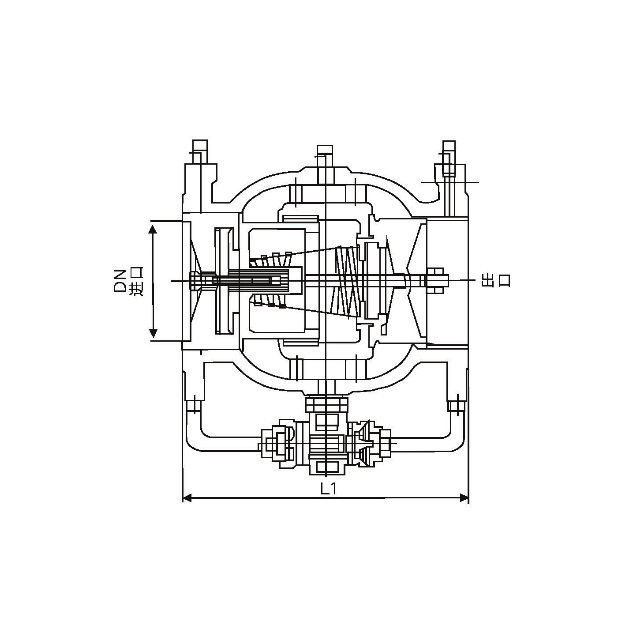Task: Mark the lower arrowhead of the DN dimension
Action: pyautogui.click(x=153, y=333)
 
